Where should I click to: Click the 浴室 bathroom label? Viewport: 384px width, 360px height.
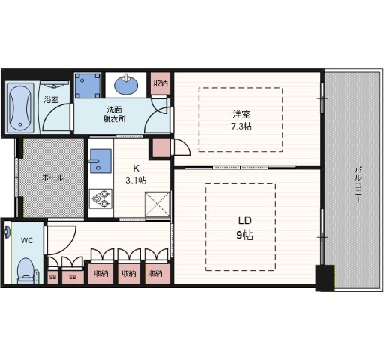pyautogui.click(x=51, y=100)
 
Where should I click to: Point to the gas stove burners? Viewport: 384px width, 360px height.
pyautogui.click(x=99, y=197)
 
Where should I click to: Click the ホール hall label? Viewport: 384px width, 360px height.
pyautogui.click(x=52, y=178)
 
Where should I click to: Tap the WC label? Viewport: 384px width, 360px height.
pyautogui.click(x=27, y=241)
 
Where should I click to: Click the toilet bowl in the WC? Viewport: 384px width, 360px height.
pyautogui.click(x=25, y=269)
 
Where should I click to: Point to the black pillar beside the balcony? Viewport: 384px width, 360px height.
pyautogui.click(x=323, y=278)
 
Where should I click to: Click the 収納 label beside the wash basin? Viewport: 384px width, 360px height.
pyautogui.click(x=160, y=83)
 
